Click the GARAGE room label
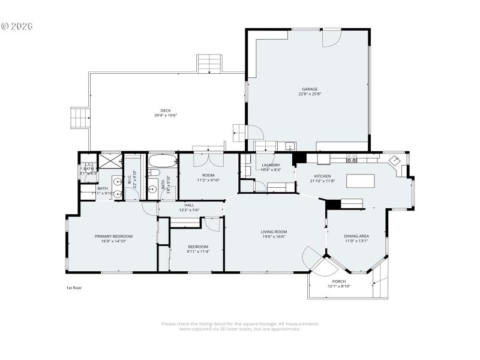tap(310, 89)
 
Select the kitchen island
tap(359, 180)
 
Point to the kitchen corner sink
tap(395, 160)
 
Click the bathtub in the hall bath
tap(162, 161)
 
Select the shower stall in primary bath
tap(110, 161)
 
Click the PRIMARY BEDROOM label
tap(113, 236)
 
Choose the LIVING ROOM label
tap(274, 232)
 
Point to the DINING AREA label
tap(356, 236)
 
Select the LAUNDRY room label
tap(270, 165)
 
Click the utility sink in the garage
tap(289, 146)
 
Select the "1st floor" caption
tap(74, 288)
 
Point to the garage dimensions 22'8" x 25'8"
tap(310, 94)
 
